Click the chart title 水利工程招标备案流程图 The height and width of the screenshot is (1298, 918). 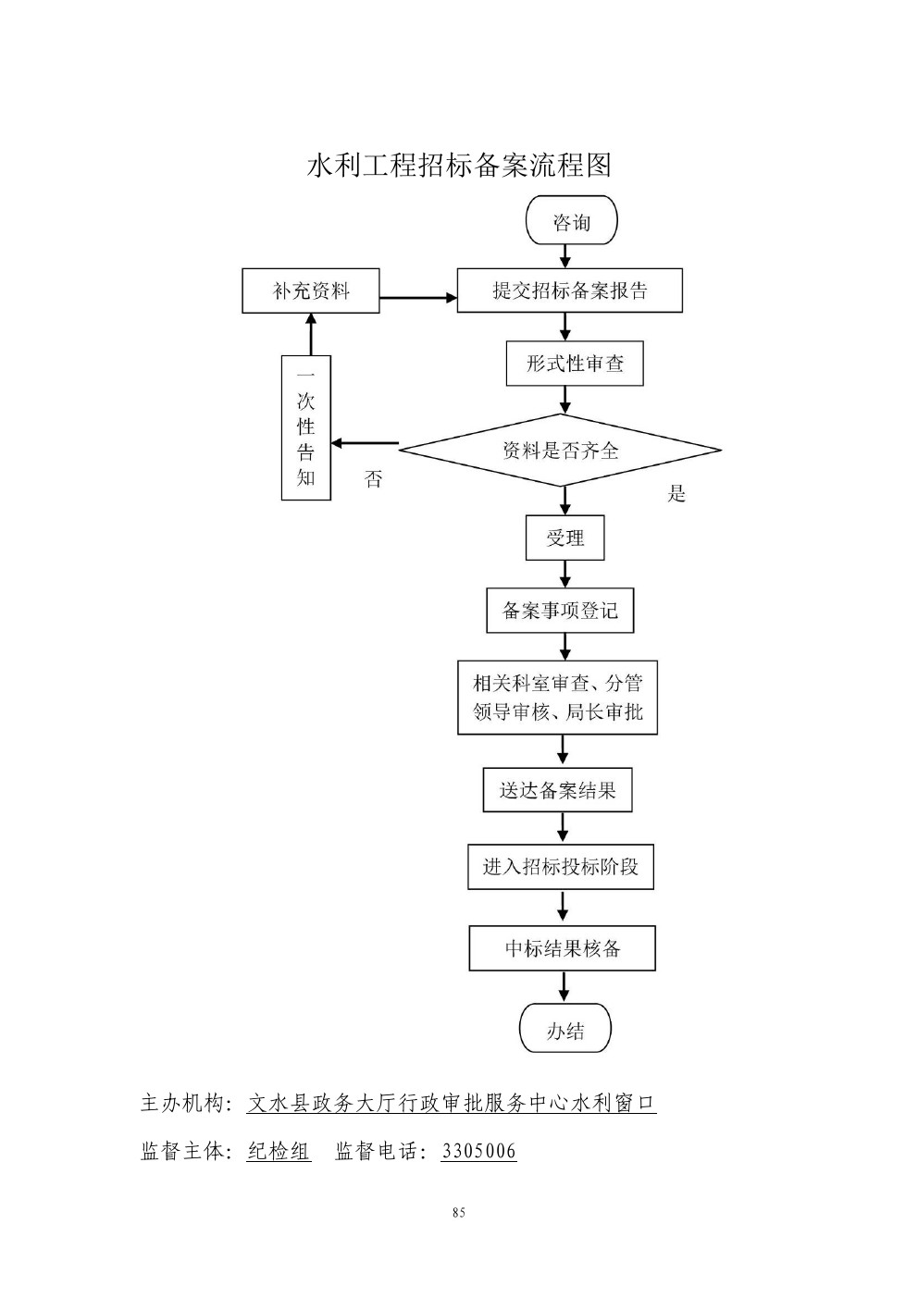pos(459,166)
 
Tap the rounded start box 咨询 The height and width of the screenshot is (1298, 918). pos(571,222)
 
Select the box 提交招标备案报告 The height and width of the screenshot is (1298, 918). pos(569,291)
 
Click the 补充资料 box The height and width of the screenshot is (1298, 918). pos(311,291)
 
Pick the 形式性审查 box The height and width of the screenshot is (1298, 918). pos(574,364)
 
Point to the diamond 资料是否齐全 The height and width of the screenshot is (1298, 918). pos(560,451)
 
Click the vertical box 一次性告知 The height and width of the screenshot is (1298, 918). pos(306,428)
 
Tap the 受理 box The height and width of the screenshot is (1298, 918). pos(564,538)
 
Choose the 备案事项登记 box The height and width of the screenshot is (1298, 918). pos(560,611)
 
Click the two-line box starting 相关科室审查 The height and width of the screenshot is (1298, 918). pos(557,698)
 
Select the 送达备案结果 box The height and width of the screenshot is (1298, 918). pos(557,790)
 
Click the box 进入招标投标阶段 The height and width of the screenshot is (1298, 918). pos(560,867)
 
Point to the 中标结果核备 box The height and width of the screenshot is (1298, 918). pos(562,948)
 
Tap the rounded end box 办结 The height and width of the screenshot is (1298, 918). pos(564,1029)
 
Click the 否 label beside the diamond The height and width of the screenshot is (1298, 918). pos(373,479)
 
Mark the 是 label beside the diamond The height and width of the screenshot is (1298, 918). pos(676,494)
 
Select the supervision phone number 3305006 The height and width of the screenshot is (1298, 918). pos(478,1151)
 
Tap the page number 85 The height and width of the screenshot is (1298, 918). pos(459,1213)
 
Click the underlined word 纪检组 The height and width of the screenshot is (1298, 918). pos(279,1151)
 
